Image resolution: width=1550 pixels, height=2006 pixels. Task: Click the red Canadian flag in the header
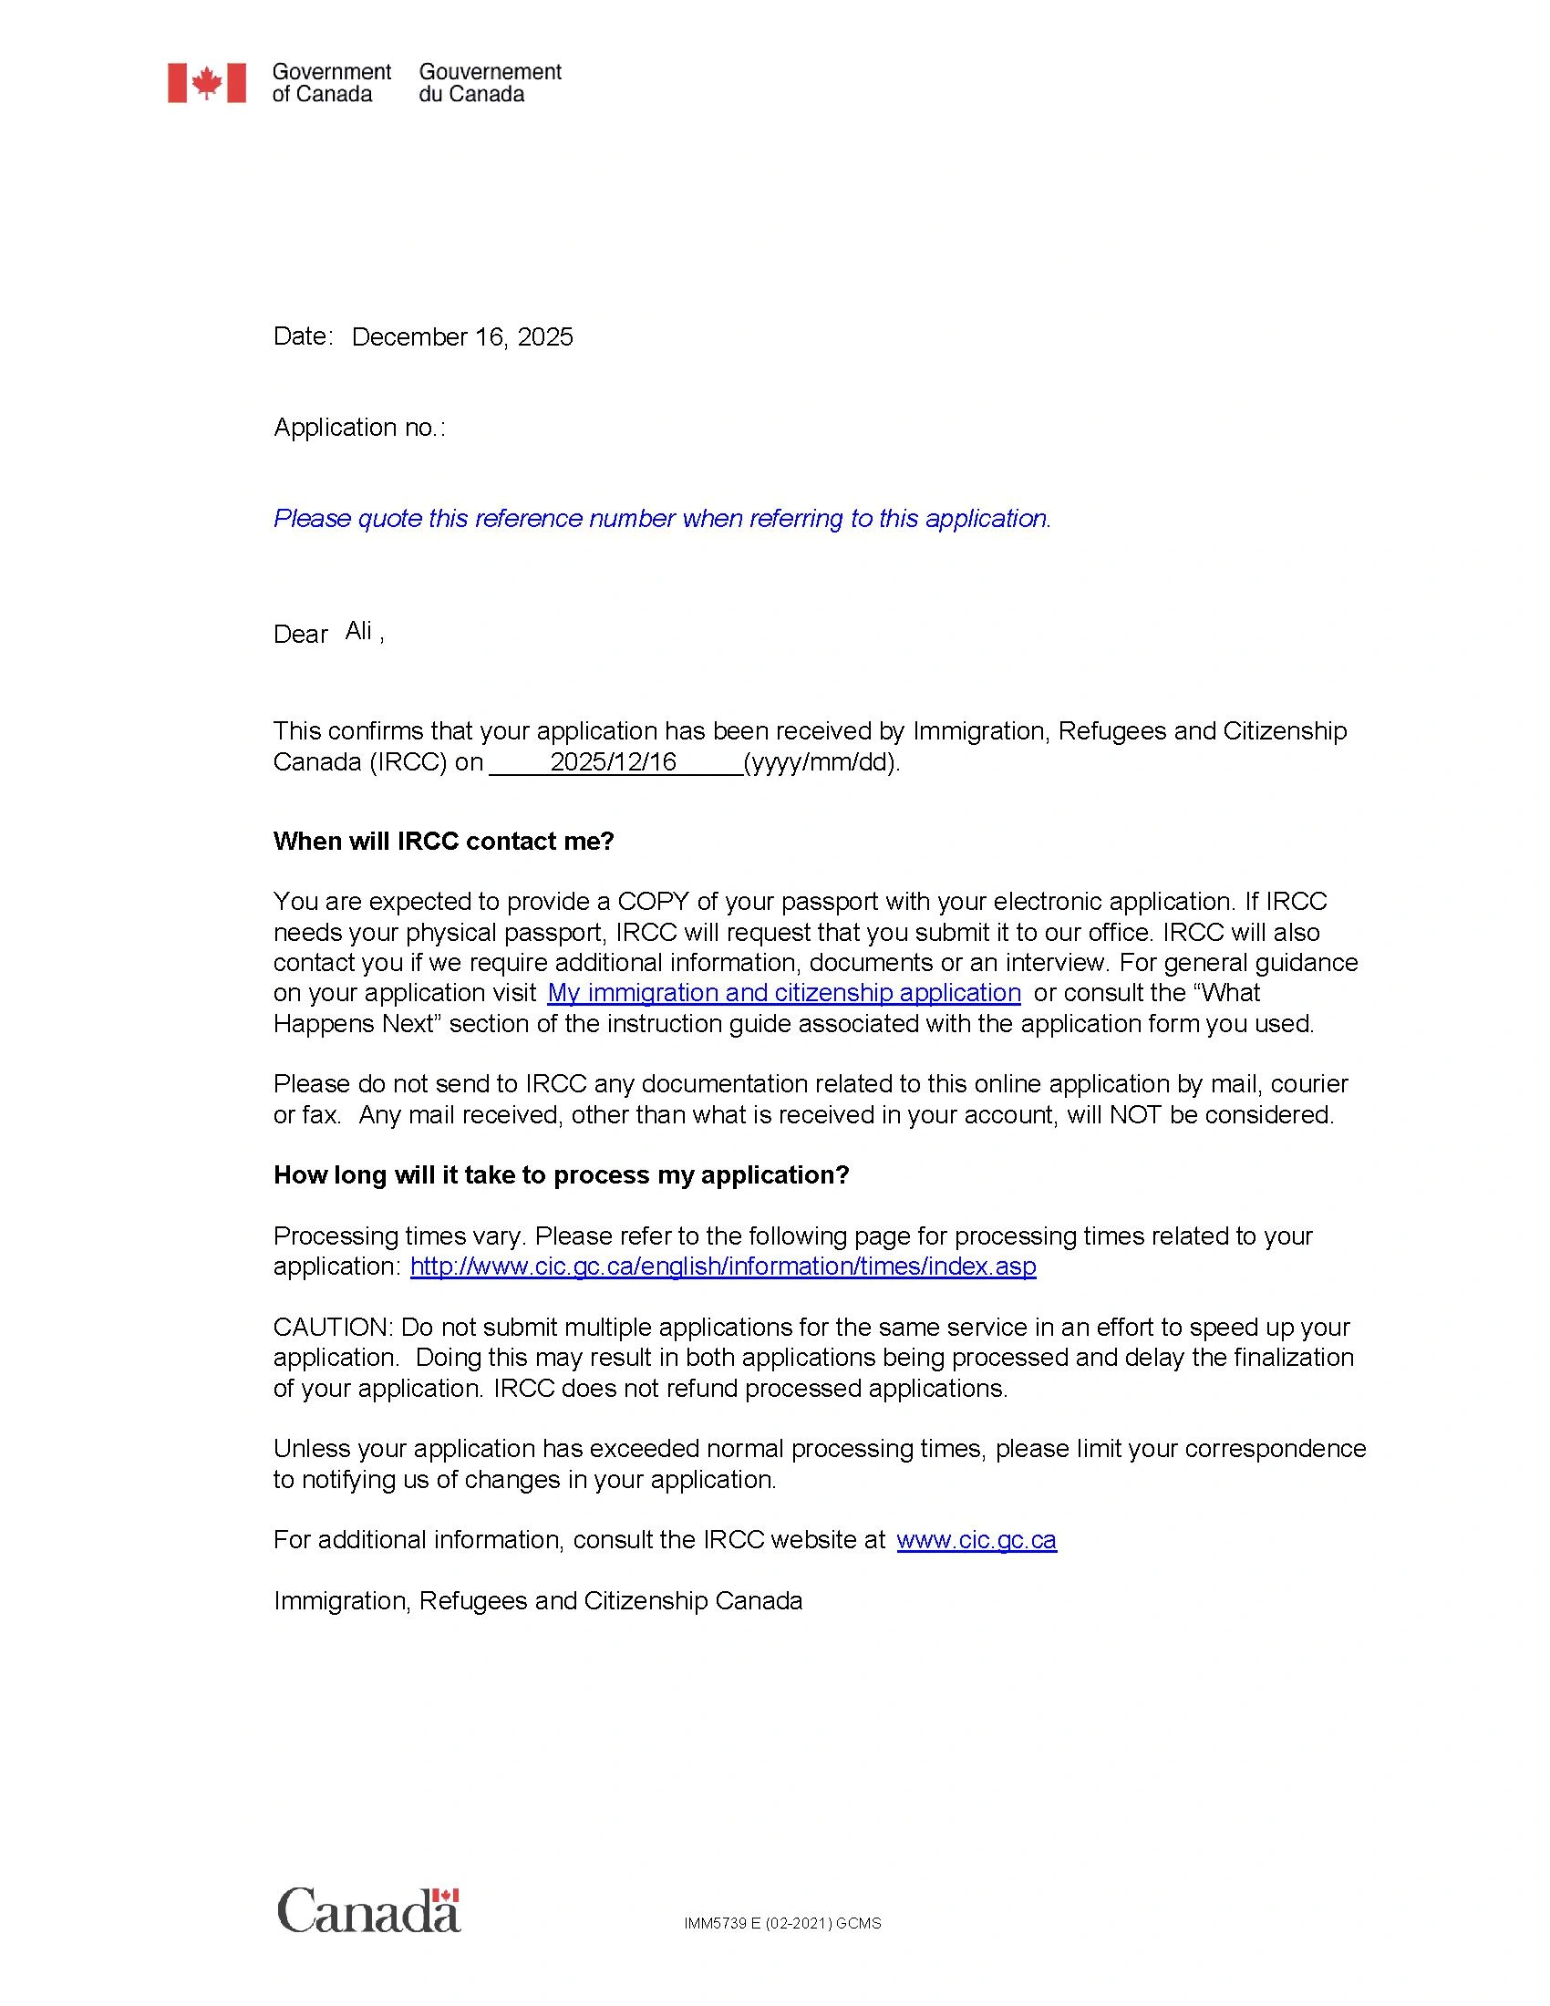pos(207,83)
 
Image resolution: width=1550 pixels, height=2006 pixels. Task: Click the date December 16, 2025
pos(462,337)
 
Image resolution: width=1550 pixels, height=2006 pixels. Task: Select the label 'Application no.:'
pos(359,427)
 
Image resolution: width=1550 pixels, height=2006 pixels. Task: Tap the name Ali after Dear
pos(358,631)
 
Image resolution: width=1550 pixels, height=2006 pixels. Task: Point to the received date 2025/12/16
pos(613,761)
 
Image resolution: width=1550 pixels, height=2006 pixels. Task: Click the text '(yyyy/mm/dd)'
pos(820,762)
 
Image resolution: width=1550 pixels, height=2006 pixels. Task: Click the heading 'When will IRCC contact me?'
pos(443,842)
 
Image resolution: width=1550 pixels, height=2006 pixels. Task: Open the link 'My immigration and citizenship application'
pos(783,993)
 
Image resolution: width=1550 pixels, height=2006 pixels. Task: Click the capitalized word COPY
pos(653,901)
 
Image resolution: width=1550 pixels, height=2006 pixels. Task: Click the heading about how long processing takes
pos(561,1175)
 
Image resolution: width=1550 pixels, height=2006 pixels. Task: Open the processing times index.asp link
pos(723,1267)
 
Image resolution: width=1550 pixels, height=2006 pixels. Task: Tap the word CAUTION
pos(334,1328)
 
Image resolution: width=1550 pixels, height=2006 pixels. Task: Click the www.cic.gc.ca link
pos(976,1540)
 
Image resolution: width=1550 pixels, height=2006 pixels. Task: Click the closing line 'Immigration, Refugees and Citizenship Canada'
pos(538,1601)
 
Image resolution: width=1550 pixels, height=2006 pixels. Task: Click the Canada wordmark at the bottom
pos(368,1910)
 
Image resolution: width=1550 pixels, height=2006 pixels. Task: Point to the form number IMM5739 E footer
pos(782,1923)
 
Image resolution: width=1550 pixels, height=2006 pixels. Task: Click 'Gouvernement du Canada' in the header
pos(490,83)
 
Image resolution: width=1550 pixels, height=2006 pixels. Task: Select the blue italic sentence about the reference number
pos(662,519)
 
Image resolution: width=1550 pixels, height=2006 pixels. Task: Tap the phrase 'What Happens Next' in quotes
pos(1231,993)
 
